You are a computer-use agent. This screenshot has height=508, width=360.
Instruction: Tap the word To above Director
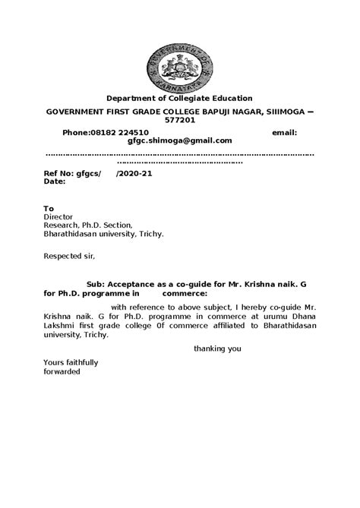click(49, 207)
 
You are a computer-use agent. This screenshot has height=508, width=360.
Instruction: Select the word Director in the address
click(58, 216)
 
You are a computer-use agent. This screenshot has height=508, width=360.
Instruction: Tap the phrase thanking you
click(216, 349)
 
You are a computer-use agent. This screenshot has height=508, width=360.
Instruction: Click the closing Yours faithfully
click(71, 363)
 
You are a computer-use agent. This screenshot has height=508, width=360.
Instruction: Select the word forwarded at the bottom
click(64, 372)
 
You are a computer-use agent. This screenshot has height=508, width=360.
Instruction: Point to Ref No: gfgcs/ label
click(72, 173)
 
